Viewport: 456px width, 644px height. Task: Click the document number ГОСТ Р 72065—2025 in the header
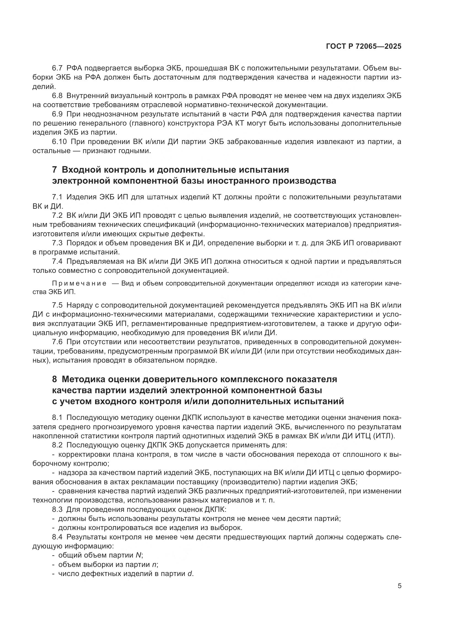[x=364, y=46]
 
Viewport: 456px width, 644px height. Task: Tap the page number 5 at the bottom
[x=399, y=586]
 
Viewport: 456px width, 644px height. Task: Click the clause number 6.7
[x=58, y=68]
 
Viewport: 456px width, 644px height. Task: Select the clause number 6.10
[x=60, y=142]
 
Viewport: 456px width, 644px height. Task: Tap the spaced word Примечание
[x=79, y=284]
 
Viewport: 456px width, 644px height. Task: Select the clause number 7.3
[x=58, y=243]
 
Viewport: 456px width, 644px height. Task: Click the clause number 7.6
[x=58, y=342]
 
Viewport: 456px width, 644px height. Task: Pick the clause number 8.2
[x=58, y=445]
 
